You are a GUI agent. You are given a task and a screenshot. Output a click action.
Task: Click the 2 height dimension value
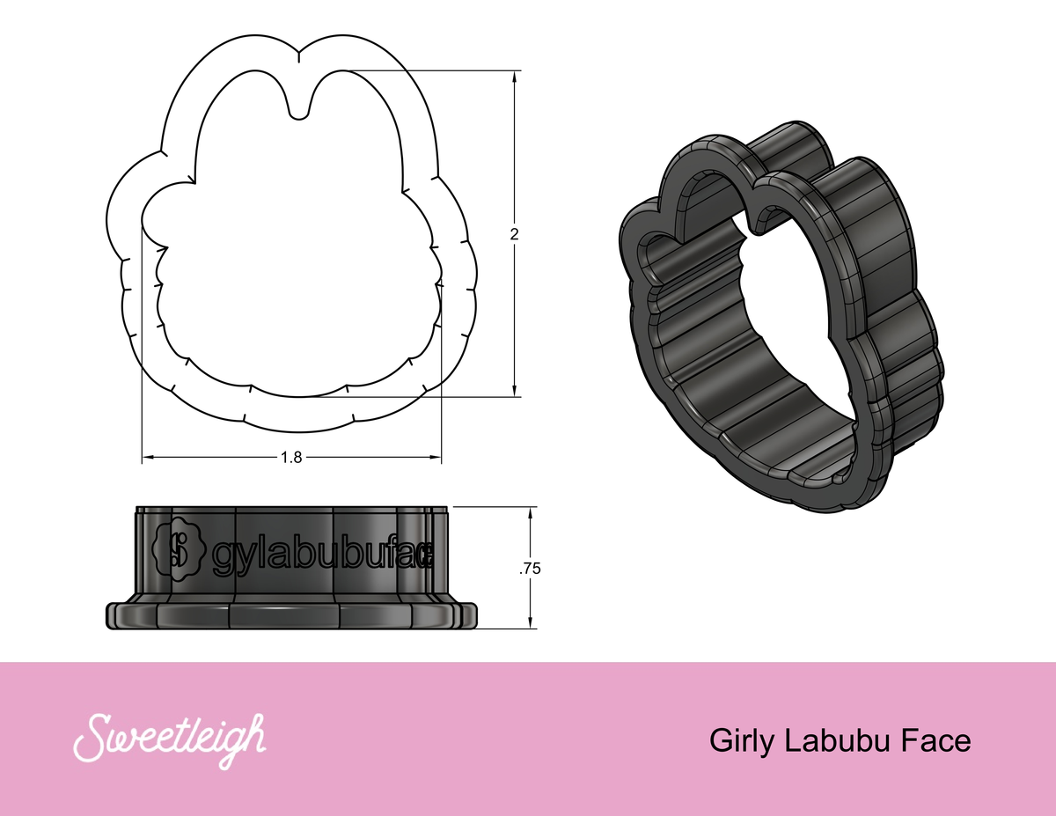coord(514,234)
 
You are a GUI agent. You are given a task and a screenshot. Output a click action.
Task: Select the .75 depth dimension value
coord(530,569)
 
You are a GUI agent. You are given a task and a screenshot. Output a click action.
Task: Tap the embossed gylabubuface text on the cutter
coord(322,553)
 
